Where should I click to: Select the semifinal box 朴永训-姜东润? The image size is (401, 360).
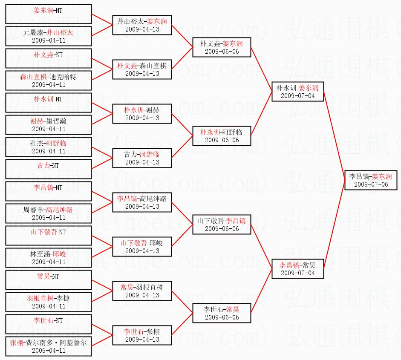297,92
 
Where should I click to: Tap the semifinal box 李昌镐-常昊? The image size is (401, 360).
297,268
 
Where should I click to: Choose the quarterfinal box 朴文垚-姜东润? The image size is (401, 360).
221,47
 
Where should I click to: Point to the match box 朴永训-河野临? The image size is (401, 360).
221,136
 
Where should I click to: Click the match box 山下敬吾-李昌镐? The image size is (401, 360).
221,225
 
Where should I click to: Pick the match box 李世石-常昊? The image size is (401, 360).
221,313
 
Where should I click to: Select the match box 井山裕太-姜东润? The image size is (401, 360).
142,25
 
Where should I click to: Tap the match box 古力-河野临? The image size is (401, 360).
142,158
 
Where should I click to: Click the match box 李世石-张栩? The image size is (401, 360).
142,335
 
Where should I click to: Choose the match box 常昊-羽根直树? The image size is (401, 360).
142,291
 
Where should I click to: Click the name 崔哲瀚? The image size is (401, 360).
58,121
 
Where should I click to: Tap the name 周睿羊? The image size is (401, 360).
34,210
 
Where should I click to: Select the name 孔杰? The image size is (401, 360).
37,144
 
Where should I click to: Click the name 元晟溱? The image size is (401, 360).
34,33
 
